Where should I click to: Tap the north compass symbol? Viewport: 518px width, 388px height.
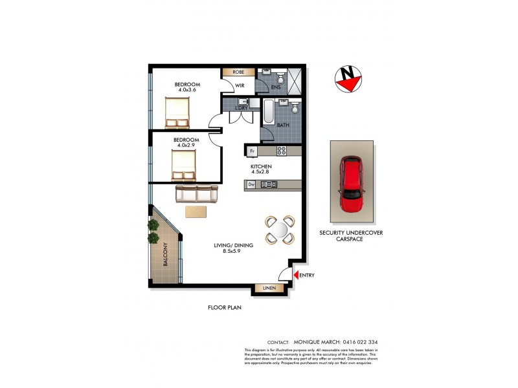348,79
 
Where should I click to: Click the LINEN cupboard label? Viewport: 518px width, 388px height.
269,288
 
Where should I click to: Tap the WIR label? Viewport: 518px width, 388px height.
239,85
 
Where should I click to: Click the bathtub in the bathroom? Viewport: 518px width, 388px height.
267,112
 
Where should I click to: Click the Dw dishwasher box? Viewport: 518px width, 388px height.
251,185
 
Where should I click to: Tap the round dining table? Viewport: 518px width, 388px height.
280,230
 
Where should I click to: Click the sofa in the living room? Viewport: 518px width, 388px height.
197,193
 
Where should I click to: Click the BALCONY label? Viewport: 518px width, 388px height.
165,255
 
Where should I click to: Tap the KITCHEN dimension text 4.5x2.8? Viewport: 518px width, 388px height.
261,173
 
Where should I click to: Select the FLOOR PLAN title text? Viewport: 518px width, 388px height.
224,308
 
